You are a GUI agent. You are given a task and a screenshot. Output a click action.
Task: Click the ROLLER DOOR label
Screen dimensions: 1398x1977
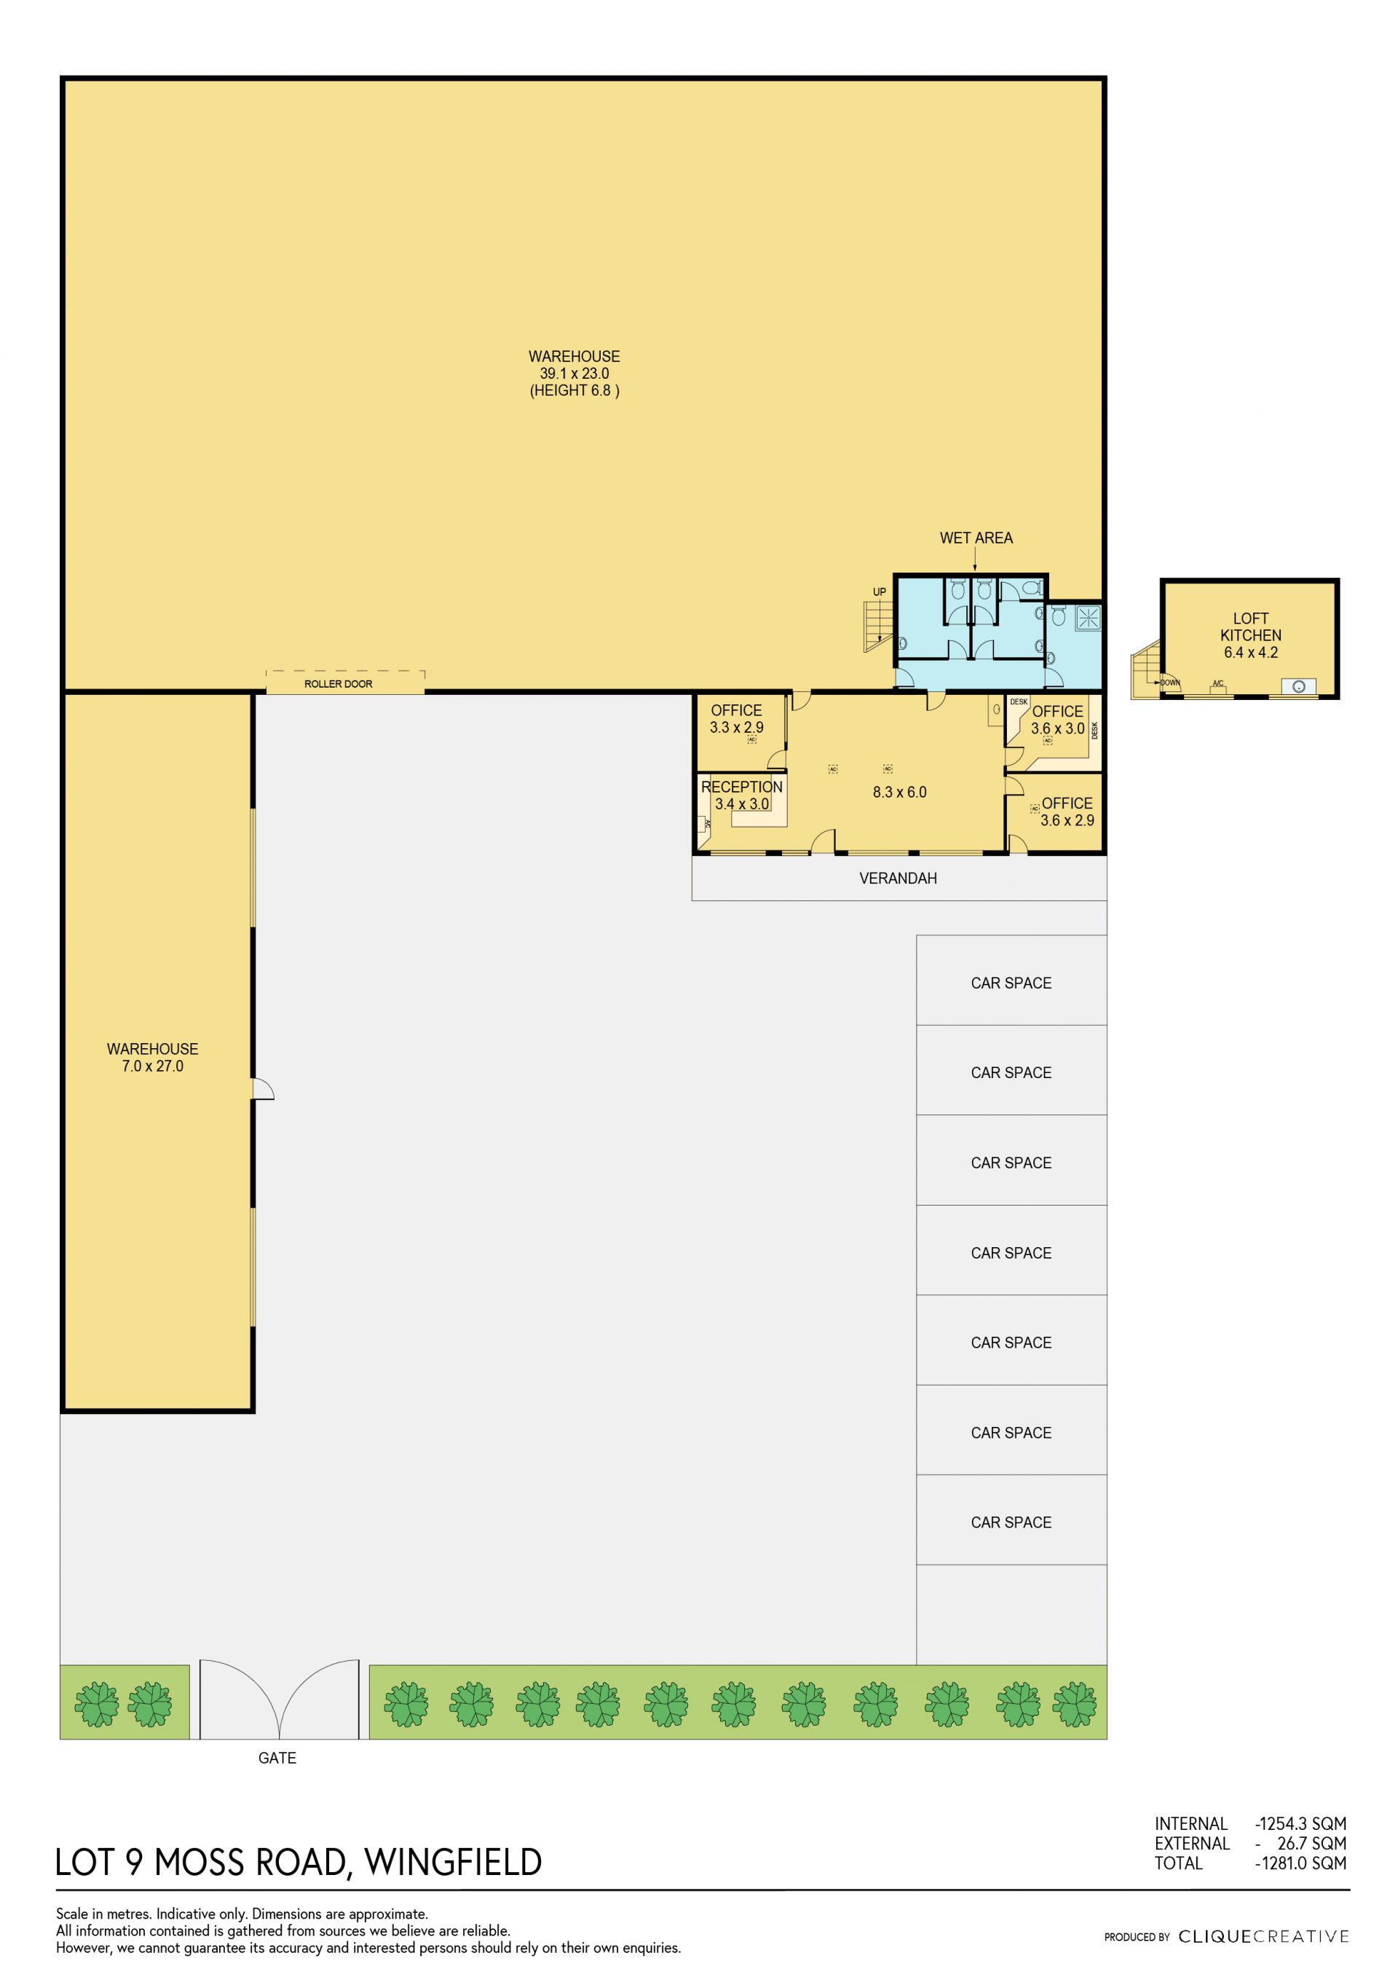(x=339, y=684)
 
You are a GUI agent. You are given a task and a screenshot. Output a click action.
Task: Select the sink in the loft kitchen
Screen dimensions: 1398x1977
(x=1298, y=686)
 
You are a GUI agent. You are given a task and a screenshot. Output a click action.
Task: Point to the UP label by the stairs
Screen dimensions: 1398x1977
(x=879, y=591)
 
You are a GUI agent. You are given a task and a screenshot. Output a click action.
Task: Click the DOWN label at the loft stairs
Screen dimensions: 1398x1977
(x=1170, y=683)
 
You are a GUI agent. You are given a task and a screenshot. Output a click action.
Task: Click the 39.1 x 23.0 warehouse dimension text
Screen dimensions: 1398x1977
(x=574, y=374)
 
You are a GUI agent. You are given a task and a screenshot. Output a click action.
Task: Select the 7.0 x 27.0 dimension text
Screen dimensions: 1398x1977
(x=152, y=1066)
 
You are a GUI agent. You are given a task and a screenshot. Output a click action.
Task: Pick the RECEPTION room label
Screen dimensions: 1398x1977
(x=741, y=787)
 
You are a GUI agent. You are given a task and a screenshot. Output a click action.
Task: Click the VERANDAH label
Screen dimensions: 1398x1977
(x=898, y=879)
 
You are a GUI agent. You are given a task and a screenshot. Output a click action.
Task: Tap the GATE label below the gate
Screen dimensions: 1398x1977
(x=277, y=1758)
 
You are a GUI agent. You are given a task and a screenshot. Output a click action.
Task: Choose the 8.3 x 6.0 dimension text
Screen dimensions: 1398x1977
(x=899, y=792)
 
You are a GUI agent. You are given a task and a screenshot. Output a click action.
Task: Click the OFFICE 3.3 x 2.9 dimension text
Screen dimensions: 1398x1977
(x=736, y=728)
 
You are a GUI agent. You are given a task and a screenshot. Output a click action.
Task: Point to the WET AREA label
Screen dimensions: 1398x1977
(x=976, y=538)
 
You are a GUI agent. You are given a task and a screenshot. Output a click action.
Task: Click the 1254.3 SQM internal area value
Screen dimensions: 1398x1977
(x=1300, y=1824)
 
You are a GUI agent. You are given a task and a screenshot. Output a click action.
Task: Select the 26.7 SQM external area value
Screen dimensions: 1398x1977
(x=1311, y=1844)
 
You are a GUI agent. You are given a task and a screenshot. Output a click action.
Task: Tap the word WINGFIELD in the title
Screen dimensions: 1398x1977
(x=453, y=1863)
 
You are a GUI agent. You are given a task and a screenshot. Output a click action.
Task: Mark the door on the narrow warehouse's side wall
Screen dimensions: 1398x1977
(x=263, y=1088)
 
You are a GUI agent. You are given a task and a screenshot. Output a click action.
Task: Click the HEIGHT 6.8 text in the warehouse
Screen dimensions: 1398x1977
(x=574, y=391)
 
